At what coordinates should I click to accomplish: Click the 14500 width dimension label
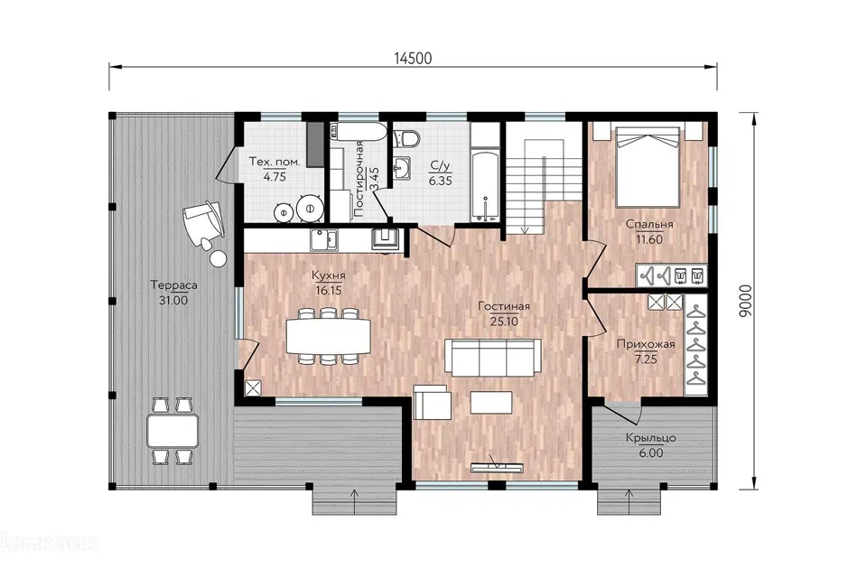(413, 58)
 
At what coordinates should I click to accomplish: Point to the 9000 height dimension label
(745, 301)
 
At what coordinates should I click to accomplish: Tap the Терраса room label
(173, 285)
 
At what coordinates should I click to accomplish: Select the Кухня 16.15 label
(329, 283)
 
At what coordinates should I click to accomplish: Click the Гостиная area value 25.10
(504, 322)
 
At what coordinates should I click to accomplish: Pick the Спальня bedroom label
(649, 224)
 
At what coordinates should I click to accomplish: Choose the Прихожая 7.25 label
(646, 351)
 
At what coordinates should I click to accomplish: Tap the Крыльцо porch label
(651, 438)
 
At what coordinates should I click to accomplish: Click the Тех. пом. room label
(275, 162)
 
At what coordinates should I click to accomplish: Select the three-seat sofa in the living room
(493, 358)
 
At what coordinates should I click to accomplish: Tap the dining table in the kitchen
(329, 336)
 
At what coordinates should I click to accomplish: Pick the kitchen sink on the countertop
(323, 239)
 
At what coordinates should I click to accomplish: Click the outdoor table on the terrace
(172, 431)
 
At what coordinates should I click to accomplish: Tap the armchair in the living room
(432, 402)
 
